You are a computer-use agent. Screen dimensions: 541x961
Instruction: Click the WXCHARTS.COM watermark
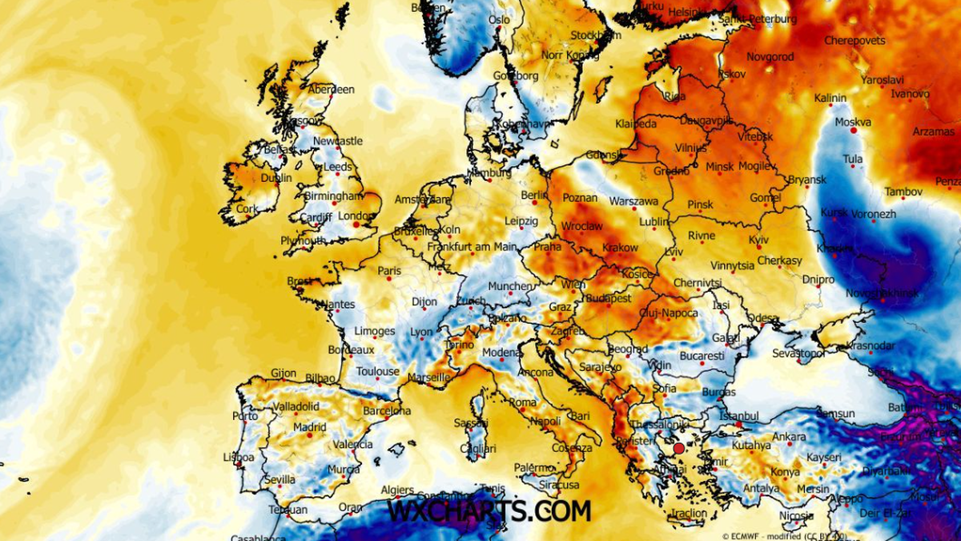point(489,511)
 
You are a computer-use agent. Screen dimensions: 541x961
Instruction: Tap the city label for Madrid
point(309,427)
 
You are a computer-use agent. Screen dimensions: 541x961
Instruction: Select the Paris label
point(389,271)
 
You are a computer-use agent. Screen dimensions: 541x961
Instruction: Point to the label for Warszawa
point(633,200)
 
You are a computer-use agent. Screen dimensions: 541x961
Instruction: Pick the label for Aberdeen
point(331,90)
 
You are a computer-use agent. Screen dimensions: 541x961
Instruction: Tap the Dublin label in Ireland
point(276,178)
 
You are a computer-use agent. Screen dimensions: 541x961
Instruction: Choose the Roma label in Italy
point(522,402)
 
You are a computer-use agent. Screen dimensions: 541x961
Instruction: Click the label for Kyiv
point(758,240)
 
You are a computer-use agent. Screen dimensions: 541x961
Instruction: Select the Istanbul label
point(739,416)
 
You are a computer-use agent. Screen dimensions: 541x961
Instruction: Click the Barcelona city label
point(387,411)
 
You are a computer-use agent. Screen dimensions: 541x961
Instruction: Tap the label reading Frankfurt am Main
point(472,248)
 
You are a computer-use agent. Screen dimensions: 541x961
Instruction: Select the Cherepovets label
point(854,40)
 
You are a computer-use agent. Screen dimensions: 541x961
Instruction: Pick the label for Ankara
point(789,437)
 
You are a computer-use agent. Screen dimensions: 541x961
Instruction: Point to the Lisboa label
point(238,458)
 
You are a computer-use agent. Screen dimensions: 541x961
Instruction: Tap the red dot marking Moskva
point(854,129)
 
